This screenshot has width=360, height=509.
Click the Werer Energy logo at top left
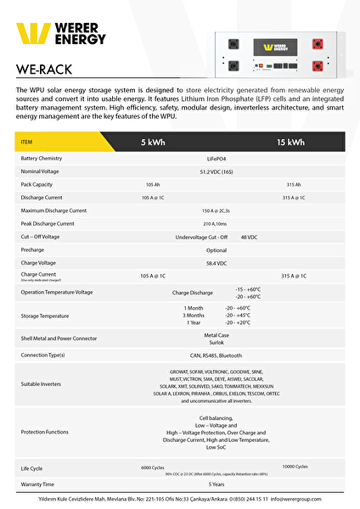coord(62,34)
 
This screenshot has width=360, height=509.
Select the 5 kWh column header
coord(154,143)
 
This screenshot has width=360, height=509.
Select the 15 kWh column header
coord(290,143)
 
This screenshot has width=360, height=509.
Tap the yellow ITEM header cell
coord(26,143)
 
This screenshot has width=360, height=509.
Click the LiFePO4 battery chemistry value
coord(217,158)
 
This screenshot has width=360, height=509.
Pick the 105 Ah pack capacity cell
coord(153,184)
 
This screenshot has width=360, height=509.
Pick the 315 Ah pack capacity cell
coord(294,184)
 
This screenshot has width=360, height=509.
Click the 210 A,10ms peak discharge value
coord(217,223)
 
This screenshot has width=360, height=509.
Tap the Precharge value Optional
coord(217,250)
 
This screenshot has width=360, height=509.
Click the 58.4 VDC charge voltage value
coord(217,263)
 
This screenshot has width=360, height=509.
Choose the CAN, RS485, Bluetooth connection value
coord(215,355)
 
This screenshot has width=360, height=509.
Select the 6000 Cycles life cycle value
coord(152,467)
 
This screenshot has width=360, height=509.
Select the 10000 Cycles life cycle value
coord(295,467)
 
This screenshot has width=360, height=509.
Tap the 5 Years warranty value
coord(217,484)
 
